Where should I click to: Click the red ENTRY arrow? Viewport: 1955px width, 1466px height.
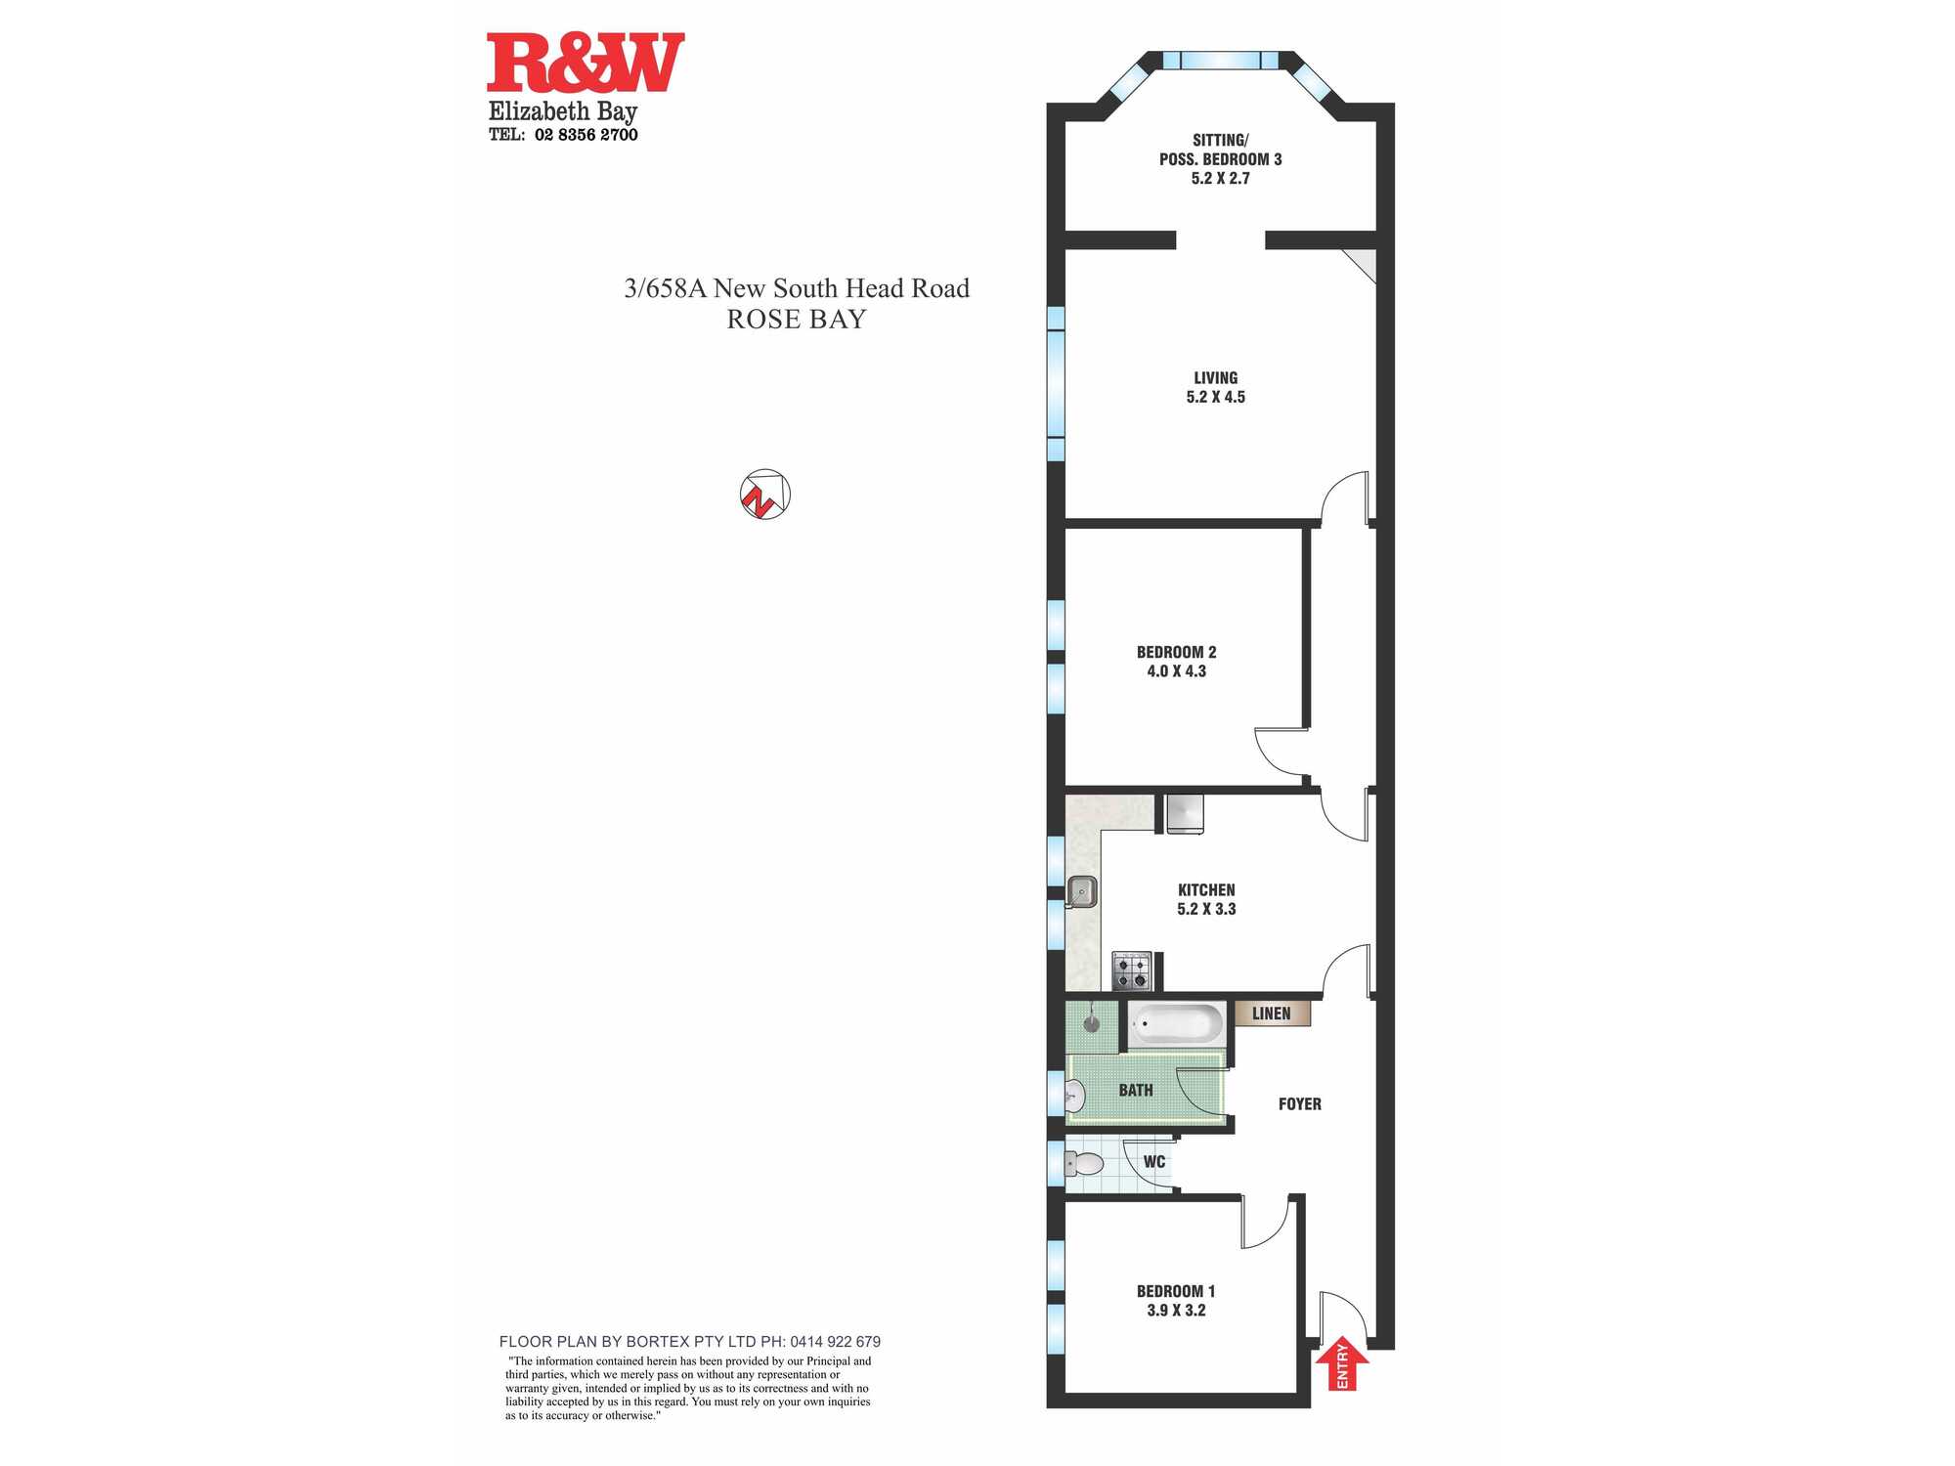[x=1342, y=1362]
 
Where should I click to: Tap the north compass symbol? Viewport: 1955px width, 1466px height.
[x=764, y=494]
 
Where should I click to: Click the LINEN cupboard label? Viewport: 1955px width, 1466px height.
[x=1271, y=1013]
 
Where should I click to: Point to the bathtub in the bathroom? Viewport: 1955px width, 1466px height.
[x=1176, y=1024]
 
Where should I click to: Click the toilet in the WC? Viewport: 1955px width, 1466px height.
[x=1083, y=1163]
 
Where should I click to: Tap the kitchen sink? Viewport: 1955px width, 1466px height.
[x=1081, y=891]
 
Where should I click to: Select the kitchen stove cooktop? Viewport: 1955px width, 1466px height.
[x=1132, y=971]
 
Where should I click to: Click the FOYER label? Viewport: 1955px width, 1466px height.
[x=1299, y=1103]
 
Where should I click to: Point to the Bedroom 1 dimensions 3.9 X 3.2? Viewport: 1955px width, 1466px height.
[x=1176, y=1311]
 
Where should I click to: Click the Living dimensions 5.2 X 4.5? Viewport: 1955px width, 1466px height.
[x=1215, y=397]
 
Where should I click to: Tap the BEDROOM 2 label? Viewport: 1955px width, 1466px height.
[x=1176, y=652]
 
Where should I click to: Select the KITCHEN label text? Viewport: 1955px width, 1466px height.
[x=1206, y=889]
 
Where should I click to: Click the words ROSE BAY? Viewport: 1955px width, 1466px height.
[x=796, y=320]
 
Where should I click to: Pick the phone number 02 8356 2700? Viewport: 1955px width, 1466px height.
[x=586, y=135]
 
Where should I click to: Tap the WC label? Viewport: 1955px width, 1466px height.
[x=1153, y=1162]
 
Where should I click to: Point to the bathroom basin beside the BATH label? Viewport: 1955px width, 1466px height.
[x=1074, y=1096]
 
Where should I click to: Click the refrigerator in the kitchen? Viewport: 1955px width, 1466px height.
[x=1185, y=814]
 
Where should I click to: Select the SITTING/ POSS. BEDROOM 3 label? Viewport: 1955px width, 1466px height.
[x=1220, y=150]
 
